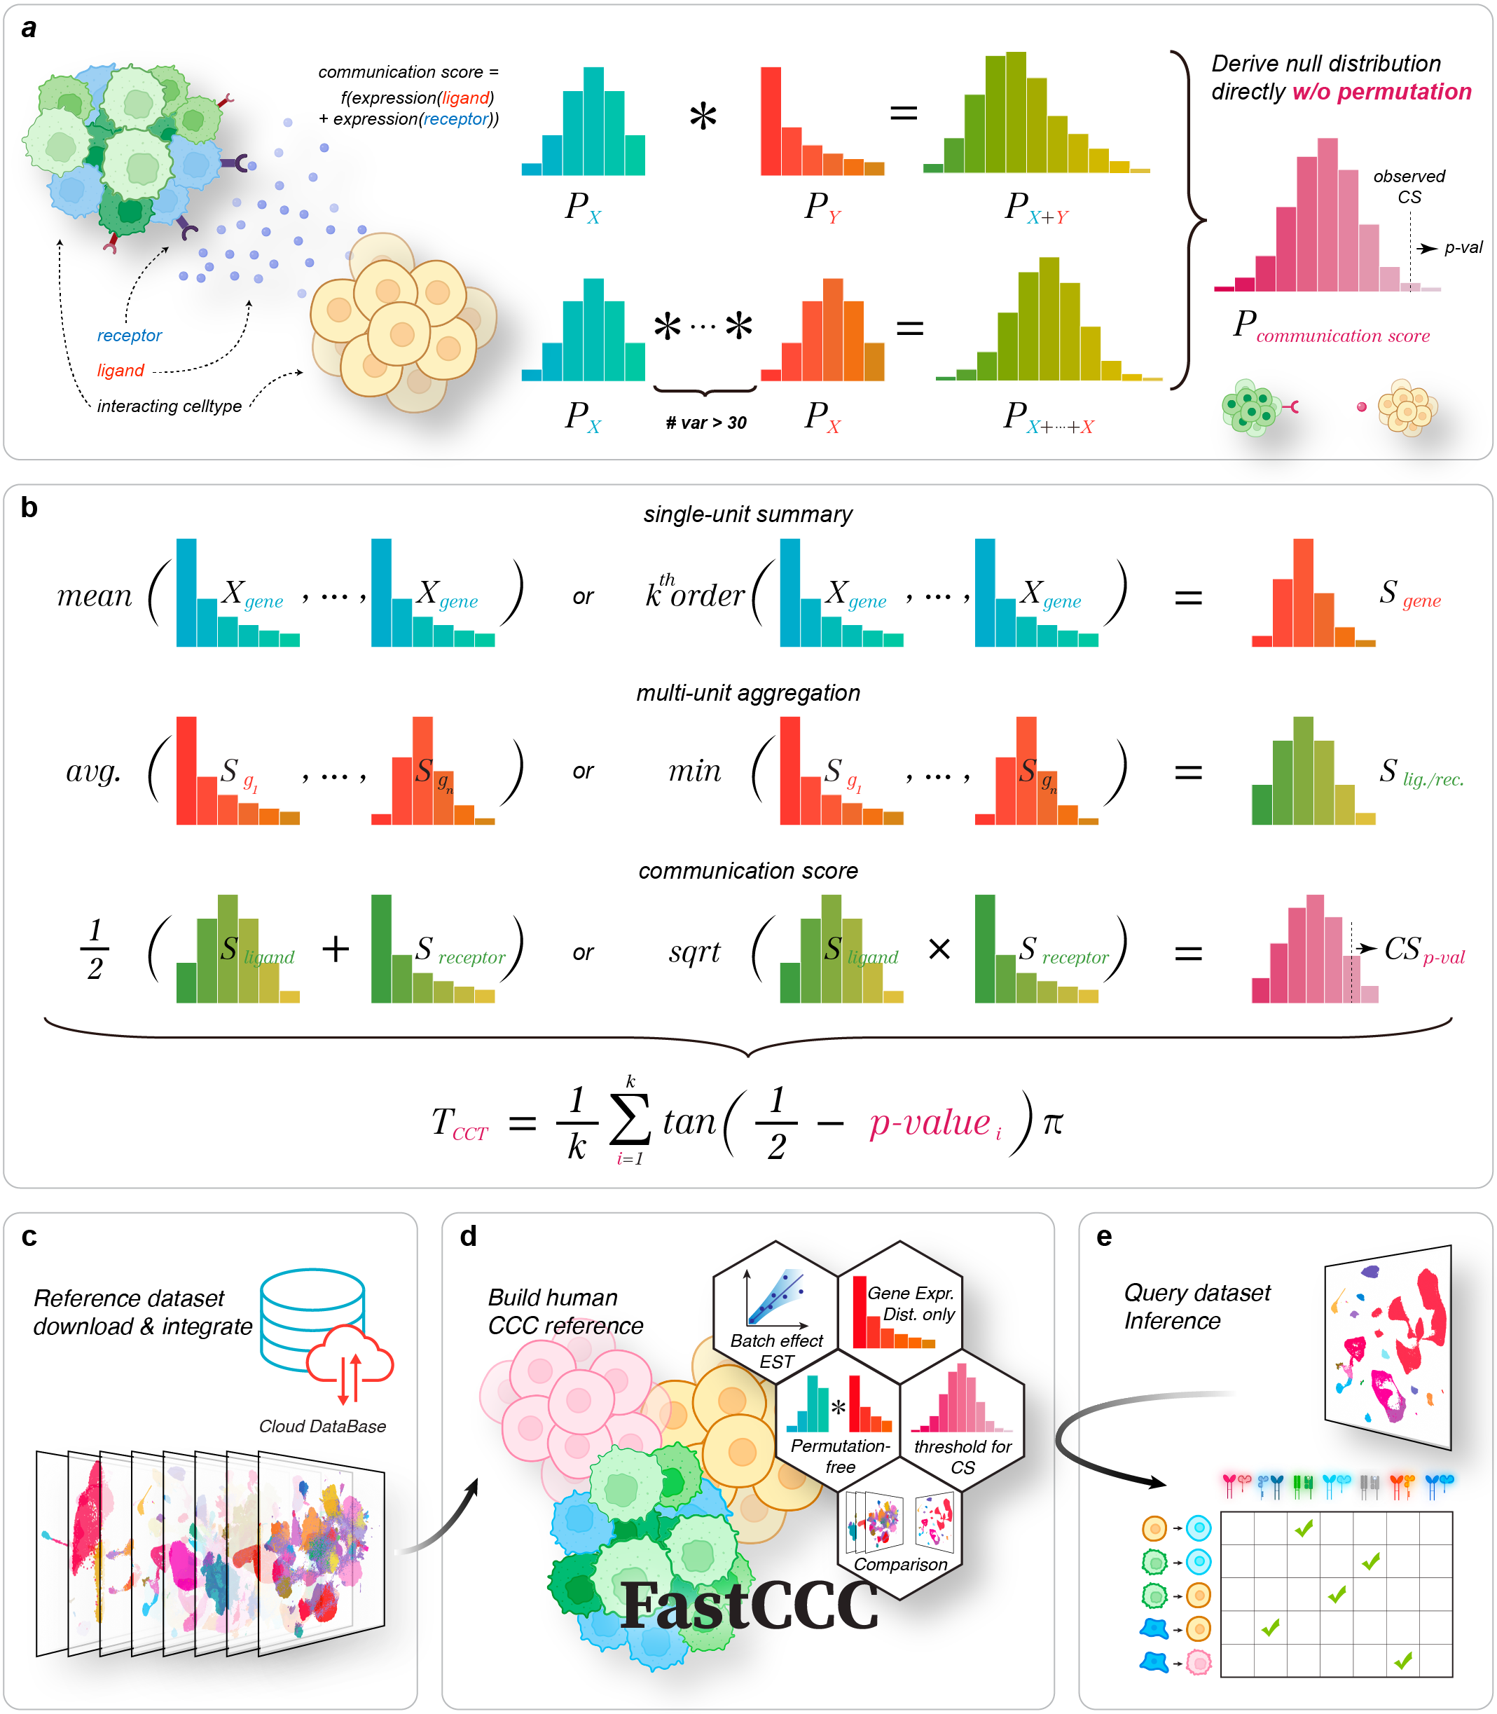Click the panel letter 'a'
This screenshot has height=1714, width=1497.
point(29,29)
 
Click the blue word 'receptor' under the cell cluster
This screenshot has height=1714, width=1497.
point(130,335)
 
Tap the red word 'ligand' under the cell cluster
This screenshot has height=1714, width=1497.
point(120,370)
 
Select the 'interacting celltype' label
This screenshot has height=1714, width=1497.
point(170,406)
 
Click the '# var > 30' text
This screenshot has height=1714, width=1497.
point(706,423)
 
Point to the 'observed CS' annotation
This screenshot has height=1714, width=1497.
point(1409,186)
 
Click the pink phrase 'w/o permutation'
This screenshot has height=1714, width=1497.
point(1381,92)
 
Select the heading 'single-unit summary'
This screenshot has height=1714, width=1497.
point(747,514)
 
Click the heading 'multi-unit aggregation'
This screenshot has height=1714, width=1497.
point(747,693)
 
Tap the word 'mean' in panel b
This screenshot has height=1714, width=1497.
point(95,596)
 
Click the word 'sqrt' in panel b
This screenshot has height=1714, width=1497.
point(694,952)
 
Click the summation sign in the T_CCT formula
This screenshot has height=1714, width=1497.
point(630,1121)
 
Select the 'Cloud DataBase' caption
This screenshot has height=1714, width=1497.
point(322,1427)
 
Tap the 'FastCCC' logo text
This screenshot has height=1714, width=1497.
point(750,1605)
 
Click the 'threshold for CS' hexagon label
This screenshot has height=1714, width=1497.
point(963,1457)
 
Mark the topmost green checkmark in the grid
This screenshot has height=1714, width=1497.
point(1303,1528)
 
